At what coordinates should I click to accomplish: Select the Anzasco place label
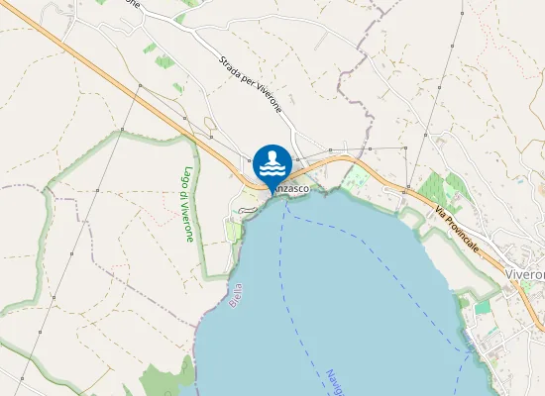pos(293,187)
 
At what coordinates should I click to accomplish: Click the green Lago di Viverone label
pos(186,204)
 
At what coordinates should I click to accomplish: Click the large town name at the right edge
pos(524,273)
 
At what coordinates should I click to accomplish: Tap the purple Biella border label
pos(236,296)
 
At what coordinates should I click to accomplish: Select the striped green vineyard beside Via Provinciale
pos(436,188)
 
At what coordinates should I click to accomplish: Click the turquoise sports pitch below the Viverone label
pos(483,308)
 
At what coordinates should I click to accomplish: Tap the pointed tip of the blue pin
pos(272,190)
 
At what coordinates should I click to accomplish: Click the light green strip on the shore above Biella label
pos(234,231)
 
